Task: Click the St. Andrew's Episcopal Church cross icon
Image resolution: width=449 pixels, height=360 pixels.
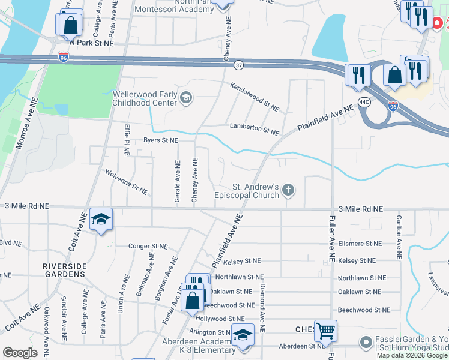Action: (289, 191)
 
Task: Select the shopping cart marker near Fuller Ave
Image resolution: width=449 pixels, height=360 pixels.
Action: (325, 329)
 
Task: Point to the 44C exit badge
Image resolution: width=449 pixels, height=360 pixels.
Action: (364, 102)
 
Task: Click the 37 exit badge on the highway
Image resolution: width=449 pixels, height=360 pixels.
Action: (239, 64)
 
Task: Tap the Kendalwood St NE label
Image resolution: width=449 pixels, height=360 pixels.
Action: (255, 97)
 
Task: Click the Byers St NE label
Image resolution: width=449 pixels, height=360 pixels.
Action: (160, 140)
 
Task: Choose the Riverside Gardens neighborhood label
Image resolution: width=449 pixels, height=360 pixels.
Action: (65, 269)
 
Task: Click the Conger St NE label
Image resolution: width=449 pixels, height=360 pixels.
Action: (148, 246)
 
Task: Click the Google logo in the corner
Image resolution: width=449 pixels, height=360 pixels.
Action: (20, 353)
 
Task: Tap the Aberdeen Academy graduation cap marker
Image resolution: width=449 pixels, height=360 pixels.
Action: (243, 335)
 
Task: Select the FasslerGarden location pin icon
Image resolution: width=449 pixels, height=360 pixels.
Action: (366, 342)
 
